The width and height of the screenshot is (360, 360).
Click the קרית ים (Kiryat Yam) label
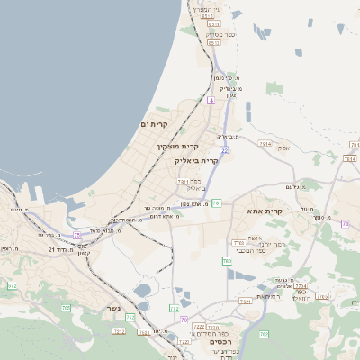155,123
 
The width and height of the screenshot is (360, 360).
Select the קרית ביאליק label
196,160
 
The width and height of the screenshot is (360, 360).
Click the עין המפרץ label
210,8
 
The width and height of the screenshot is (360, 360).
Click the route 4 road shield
211,100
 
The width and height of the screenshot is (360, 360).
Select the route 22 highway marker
224,150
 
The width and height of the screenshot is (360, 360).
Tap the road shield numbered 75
77,235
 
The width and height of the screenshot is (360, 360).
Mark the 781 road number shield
217,203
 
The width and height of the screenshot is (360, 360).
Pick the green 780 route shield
264,335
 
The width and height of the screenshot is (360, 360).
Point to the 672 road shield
13,286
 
